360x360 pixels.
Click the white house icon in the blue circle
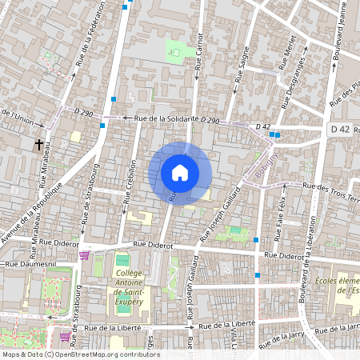180,173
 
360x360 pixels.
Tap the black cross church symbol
38,145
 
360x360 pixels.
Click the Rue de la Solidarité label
166,118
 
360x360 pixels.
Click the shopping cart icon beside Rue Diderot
84,255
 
